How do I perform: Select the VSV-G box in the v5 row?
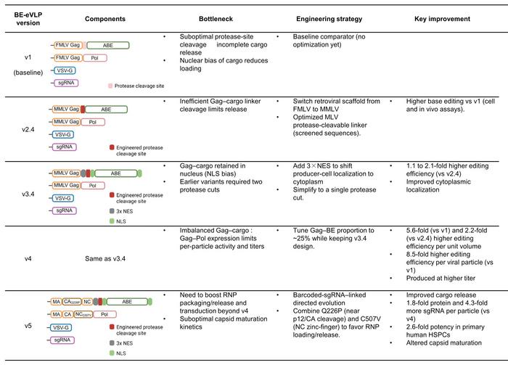pos(66,327)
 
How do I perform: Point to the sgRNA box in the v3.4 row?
pos(66,210)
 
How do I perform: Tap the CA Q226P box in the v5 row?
pos(73,301)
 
